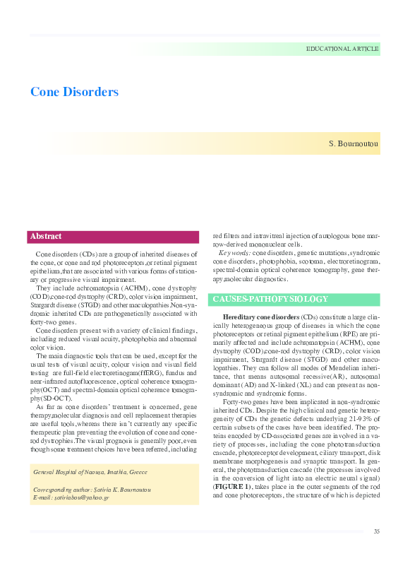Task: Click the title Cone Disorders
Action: pos(74,93)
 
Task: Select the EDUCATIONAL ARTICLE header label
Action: pos(342,49)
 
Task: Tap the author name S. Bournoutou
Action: pos(354,144)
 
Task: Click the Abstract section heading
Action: pos(46,237)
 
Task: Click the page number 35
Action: pos(377,531)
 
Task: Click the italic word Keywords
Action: pos(234,253)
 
